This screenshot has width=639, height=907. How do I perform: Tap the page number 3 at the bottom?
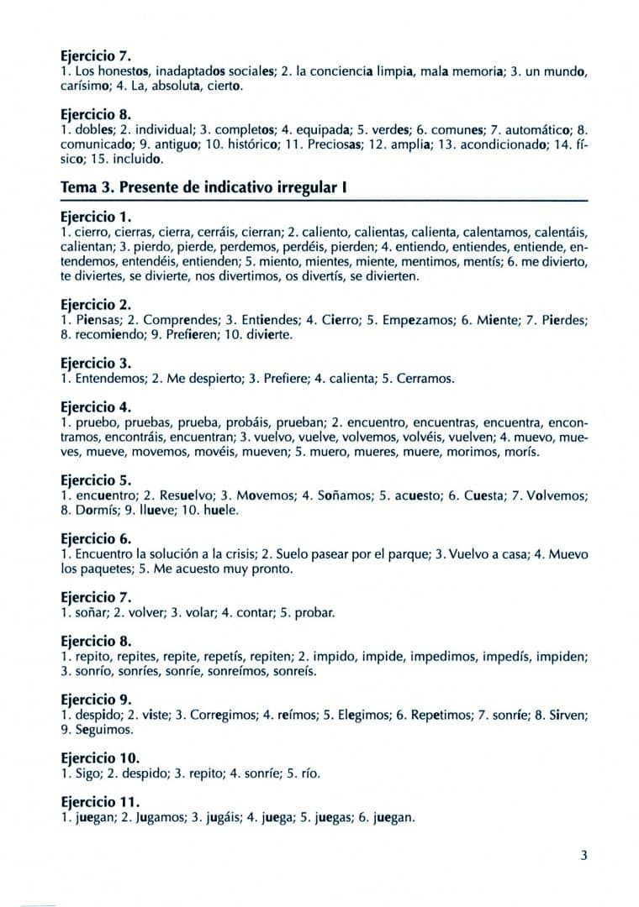(584, 856)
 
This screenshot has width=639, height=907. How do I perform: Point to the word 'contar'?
(247, 612)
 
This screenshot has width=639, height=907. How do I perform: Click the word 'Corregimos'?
(214, 715)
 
